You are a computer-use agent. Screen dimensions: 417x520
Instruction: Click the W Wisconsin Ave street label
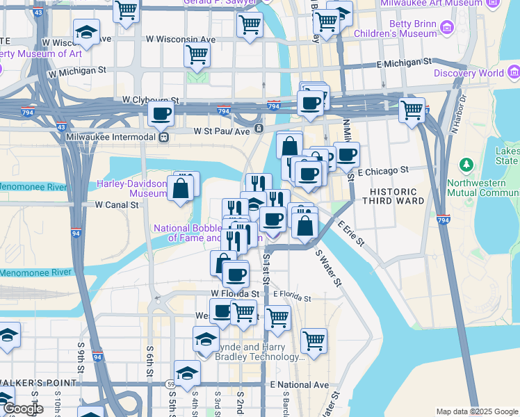(180, 39)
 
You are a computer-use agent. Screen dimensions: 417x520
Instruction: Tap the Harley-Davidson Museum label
(132, 188)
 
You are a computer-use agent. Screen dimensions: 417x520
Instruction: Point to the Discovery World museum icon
(514, 72)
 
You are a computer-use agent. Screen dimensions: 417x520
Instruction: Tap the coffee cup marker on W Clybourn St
(161, 113)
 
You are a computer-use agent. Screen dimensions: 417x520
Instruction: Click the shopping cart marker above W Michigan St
(197, 54)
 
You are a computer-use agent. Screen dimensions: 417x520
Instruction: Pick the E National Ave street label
(299, 384)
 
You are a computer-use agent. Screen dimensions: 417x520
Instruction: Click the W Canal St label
(117, 205)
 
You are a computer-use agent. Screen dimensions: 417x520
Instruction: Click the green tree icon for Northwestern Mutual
(466, 166)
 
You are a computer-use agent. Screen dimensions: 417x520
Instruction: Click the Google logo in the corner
(22, 409)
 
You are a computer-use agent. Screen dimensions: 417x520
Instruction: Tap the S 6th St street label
(149, 362)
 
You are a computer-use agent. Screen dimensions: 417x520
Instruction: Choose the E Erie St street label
(351, 234)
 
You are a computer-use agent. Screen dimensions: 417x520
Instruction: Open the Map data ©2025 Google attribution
(476, 411)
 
